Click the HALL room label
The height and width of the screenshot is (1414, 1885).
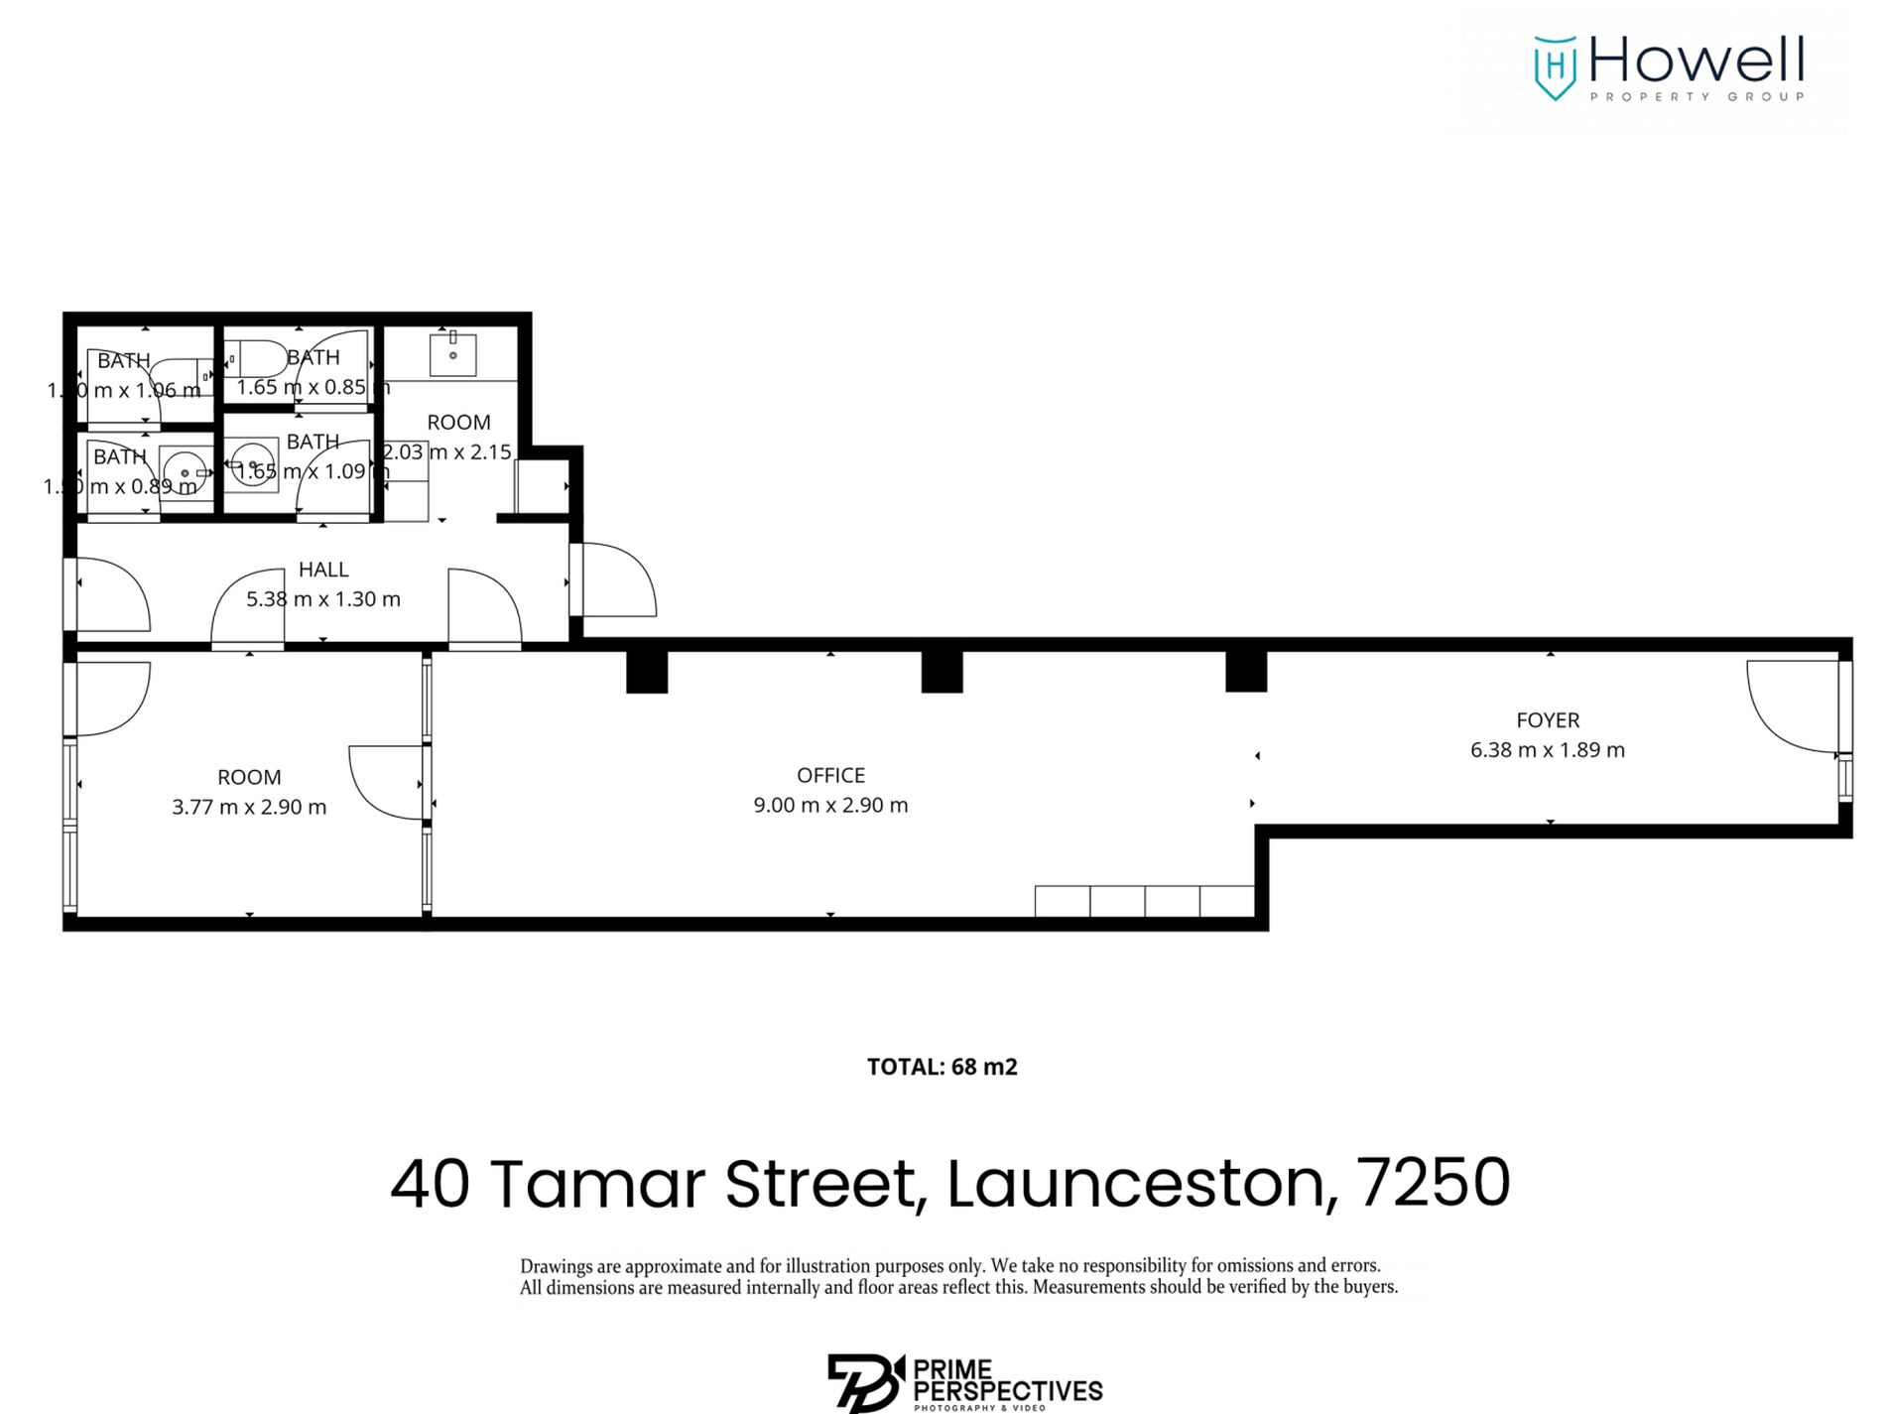point(323,570)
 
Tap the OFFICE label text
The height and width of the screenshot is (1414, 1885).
point(830,775)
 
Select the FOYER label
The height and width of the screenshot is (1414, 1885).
point(1547,720)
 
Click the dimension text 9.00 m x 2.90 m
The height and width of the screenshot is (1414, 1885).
point(830,805)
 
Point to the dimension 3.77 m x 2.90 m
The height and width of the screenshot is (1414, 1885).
point(249,807)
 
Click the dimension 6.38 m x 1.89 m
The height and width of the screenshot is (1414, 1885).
point(1547,750)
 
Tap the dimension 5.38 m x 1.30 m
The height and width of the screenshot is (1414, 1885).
point(323,599)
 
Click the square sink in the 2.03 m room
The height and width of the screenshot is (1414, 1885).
point(452,355)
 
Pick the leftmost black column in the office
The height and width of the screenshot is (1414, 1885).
point(647,672)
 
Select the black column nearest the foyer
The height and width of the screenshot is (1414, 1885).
point(1246,672)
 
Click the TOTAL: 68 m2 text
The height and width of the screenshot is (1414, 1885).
point(942,1067)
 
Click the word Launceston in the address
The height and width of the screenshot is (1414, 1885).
point(1135,1183)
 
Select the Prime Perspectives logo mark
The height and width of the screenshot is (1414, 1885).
point(864,1382)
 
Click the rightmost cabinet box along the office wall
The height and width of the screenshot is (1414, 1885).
point(1227,901)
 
